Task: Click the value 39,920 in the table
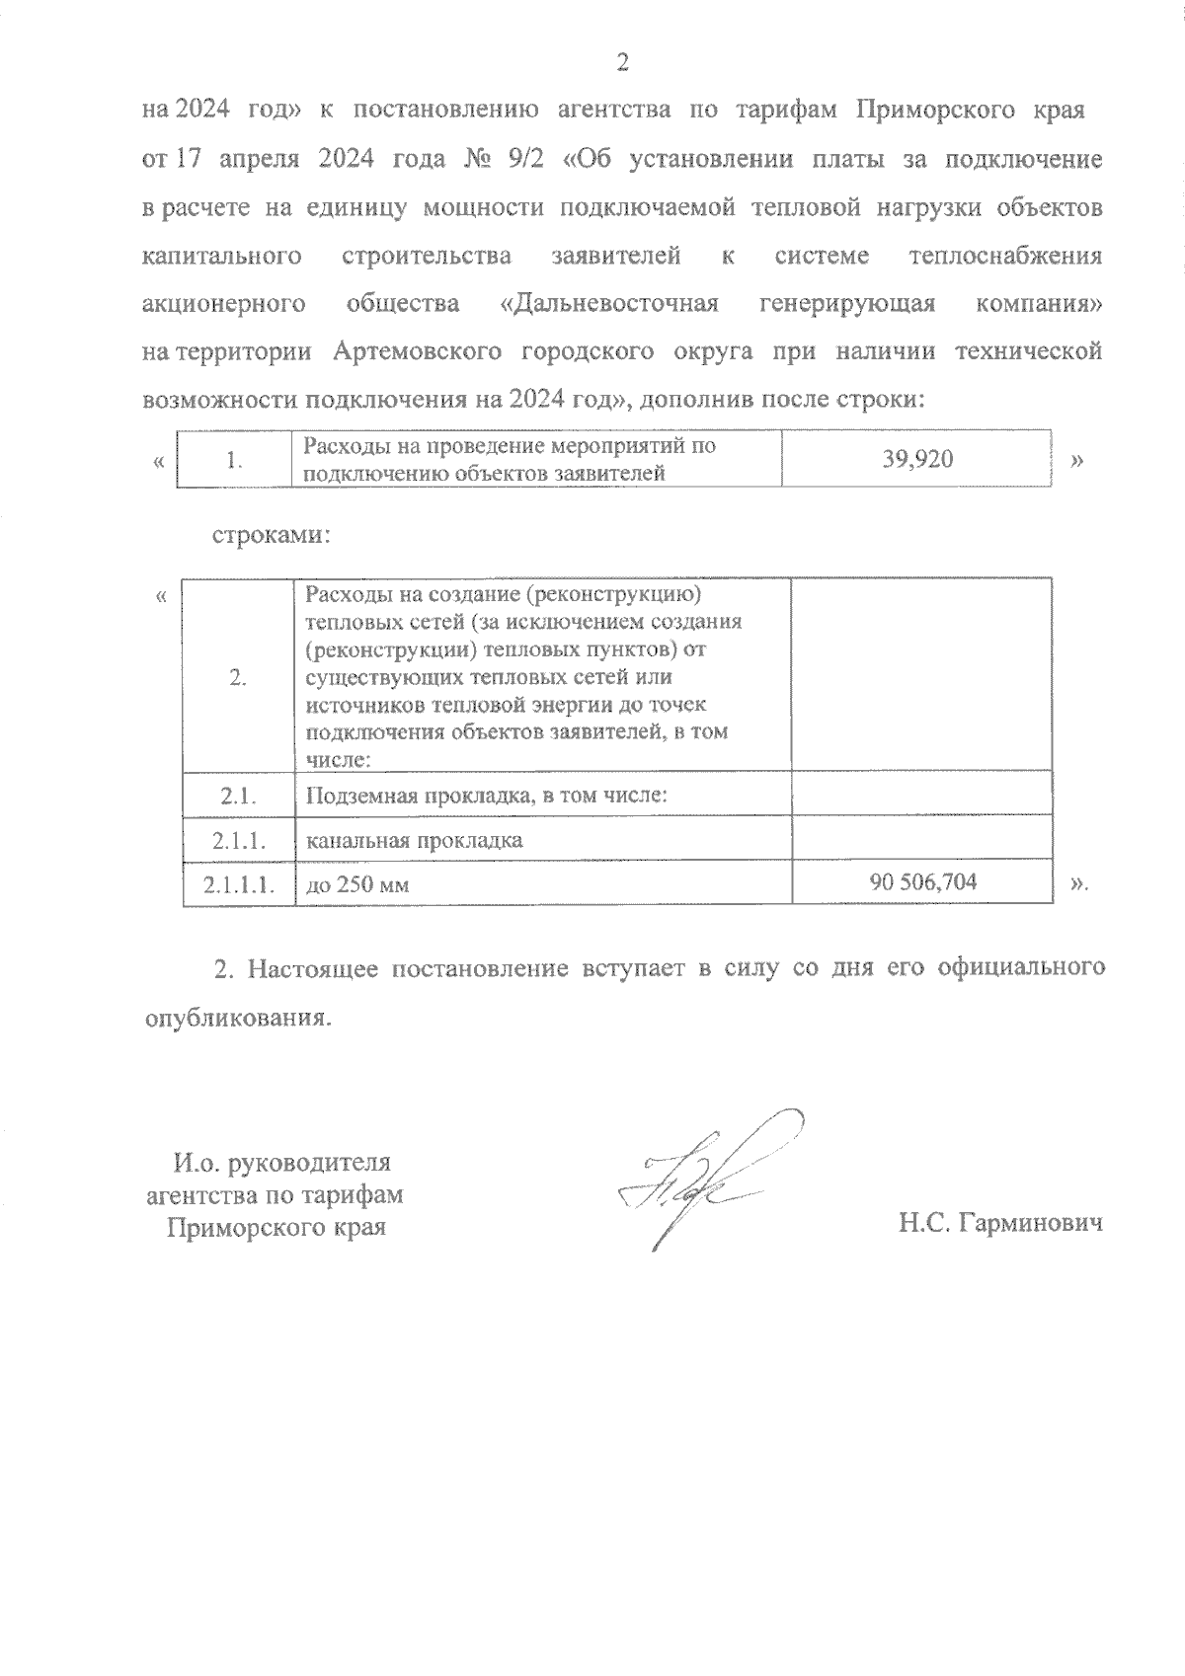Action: [x=917, y=459]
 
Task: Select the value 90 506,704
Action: [x=923, y=881]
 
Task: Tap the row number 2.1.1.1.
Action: [x=239, y=883]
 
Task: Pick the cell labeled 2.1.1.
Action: [x=239, y=840]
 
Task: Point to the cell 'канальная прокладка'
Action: [x=415, y=840]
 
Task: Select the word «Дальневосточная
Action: [x=609, y=303]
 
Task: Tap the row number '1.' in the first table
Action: [x=234, y=460]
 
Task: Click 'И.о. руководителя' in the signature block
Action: [x=282, y=1162]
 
